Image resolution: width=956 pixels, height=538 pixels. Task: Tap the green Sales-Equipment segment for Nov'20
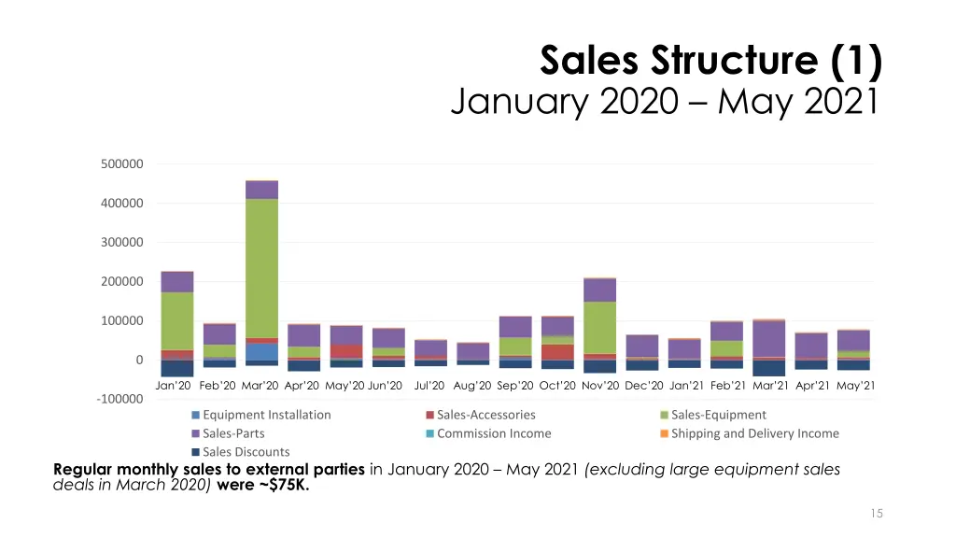click(599, 327)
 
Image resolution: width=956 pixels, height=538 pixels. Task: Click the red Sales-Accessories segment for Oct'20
click(557, 351)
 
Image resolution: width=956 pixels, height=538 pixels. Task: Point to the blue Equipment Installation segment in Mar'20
click(261, 351)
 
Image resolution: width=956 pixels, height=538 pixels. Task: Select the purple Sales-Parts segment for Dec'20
click(642, 346)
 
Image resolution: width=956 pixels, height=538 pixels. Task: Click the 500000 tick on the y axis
click(121, 163)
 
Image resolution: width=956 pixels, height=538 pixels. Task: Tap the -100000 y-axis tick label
click(119, 399)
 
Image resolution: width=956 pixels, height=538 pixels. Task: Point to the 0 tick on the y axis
click(139, 360)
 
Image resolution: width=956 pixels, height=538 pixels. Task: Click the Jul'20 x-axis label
click(429, 385)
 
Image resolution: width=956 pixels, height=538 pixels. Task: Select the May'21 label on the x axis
click(855, 385)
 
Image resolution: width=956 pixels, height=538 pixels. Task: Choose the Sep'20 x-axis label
click(515, 385)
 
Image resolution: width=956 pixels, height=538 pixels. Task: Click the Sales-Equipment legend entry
click(718, 415)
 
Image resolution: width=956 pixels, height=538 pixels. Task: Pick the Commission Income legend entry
click(493, 433)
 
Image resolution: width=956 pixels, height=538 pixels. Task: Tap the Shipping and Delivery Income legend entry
click(754, 433)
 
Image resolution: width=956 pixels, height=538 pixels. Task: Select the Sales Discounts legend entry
click(246, 452)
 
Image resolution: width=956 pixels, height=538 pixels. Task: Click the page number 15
click(876, 513)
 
